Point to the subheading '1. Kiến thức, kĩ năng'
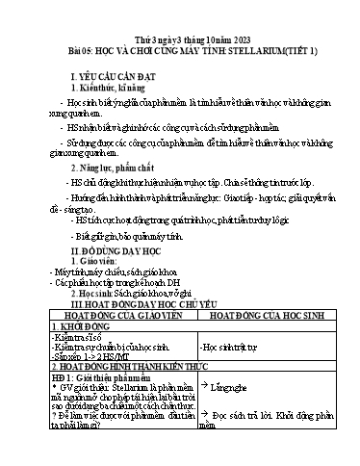click(109, 87)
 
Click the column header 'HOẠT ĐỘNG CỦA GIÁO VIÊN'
click(115, 314)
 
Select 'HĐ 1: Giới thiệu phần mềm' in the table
click(97, 380)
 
